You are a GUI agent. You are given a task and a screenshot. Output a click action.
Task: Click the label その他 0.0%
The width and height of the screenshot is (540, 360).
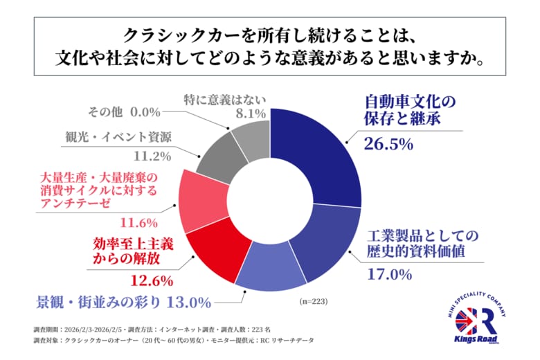pos(124,111)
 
